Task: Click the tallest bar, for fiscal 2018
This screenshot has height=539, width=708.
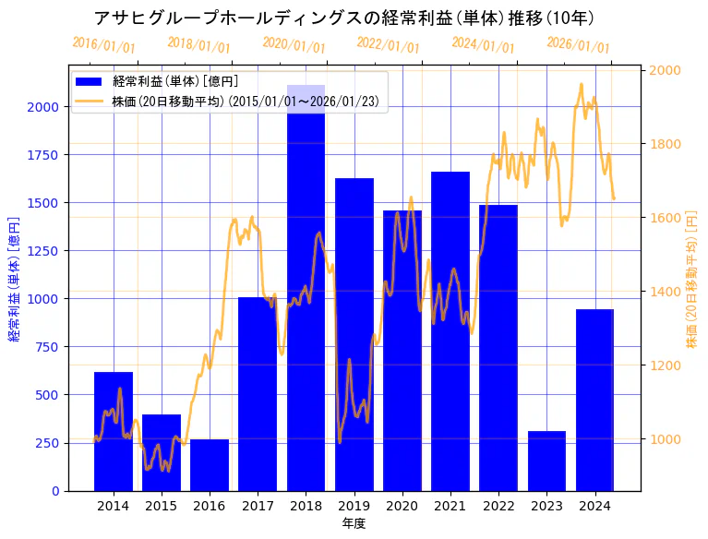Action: pos(306,295)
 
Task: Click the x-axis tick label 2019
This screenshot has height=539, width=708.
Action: pos(354,506)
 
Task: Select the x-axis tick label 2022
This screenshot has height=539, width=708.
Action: pos(498,506)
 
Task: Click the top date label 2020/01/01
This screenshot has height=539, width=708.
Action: pos(294,44)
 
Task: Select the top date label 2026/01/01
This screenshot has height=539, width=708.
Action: pos(578,44)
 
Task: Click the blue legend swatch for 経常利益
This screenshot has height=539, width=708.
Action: pos(91,82)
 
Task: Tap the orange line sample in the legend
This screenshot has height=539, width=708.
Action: pos(91,101)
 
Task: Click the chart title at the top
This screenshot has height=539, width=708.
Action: pos(344,18)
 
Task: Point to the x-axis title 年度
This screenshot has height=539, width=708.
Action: pos(354,523)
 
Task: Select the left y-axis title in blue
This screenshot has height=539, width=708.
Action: pos(14,279)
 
